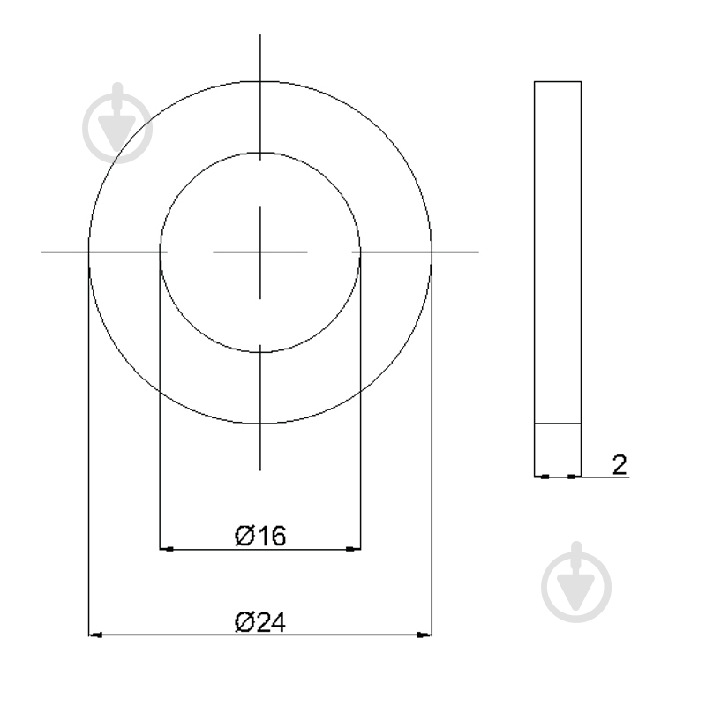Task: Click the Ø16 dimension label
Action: pos(260,536)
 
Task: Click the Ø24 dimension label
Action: pos(260,622)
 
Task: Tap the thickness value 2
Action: pos(620,464)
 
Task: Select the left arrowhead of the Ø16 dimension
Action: pos(166,549)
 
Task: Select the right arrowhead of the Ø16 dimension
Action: pos(354,549)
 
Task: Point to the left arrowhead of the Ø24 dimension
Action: pos(95,635)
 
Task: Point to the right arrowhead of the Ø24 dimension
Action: pos(424,635)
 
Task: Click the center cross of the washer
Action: pos(260,252)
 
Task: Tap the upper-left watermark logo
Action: pos(117,123)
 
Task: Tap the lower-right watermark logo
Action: pos(576,582)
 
